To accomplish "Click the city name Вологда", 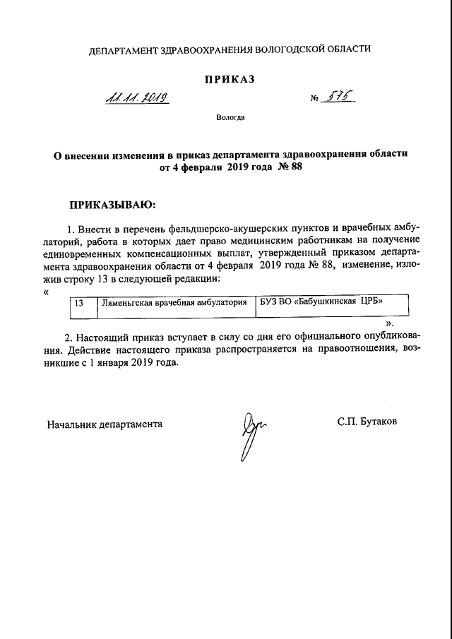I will (230, 117).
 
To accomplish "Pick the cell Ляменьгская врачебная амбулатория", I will (174, 303).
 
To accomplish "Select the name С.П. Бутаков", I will (367, 422).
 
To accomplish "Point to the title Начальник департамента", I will (105, 424).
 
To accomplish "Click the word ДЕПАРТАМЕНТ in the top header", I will (124, 49).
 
